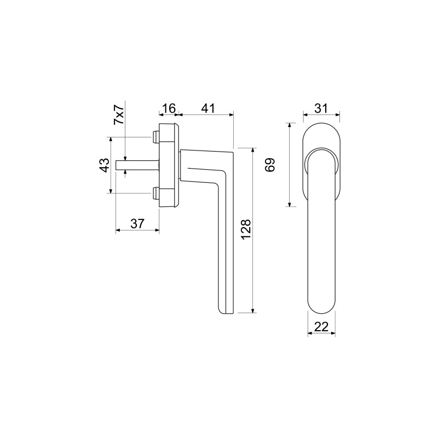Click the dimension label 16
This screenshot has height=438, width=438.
pos(169,108)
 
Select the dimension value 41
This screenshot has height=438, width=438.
pos(208,108)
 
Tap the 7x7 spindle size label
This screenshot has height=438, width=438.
pos(119,114)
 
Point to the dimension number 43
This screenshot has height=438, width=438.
pos(104,165)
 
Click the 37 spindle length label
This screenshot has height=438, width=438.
pos(137,224)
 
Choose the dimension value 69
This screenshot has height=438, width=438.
pos(270,165)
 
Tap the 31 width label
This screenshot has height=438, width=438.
pos(321,108)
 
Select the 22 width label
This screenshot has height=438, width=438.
pos(321,326)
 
